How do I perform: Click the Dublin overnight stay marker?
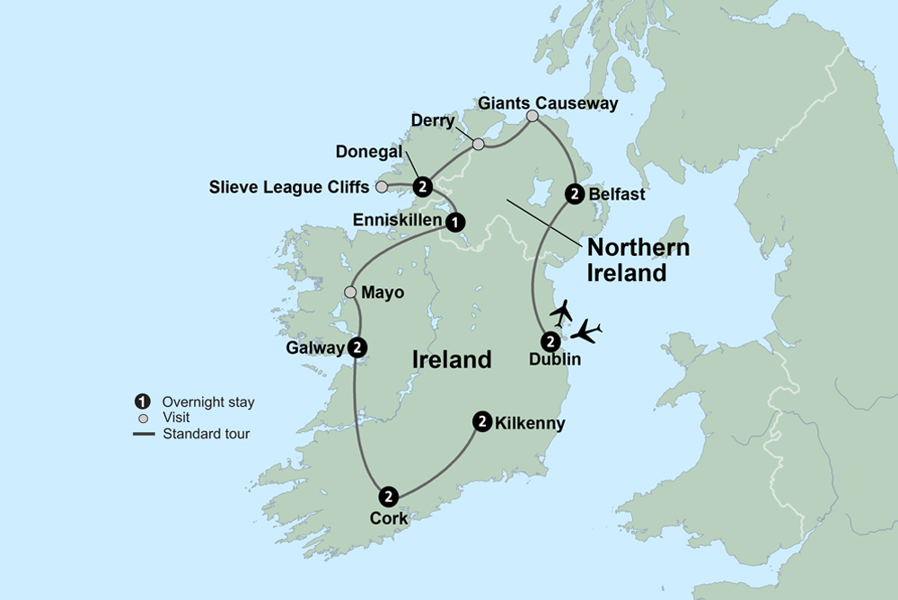[549, 340]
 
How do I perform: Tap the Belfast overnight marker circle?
[574, 193]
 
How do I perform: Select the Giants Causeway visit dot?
[533, 116]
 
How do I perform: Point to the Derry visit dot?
[479, 144]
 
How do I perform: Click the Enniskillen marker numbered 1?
[455, 221]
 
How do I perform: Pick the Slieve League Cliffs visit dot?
[381, 187]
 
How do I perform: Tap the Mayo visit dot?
[350, 292]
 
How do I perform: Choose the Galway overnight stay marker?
[357, 348]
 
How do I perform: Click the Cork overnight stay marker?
[388, 495]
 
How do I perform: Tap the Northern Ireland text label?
[638, 260]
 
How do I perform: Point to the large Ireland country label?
[452, 359]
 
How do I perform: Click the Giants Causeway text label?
[548, 103]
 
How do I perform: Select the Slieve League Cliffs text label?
[290, 187]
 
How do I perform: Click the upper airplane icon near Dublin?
[561, 313]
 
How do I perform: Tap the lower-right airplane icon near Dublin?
[586, 331]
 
